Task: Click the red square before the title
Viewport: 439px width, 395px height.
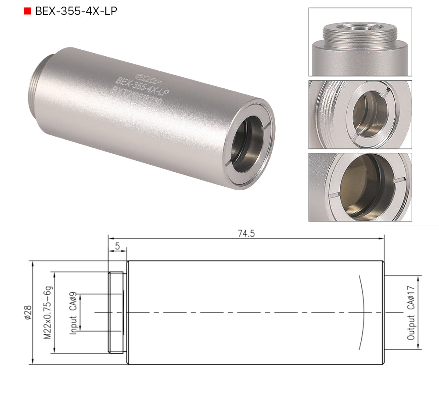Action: click(27, 11)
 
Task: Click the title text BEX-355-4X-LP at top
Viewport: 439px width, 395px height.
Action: click(76, 11)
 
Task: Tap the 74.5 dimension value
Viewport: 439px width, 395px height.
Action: click(246, 234)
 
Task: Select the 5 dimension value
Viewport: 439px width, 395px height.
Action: click(117, 246)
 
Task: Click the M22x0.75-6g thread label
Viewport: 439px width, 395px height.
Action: click(47, 313)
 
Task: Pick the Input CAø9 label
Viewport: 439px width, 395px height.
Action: click(73, 313)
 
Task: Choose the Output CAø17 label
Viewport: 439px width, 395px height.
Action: click(411, 312)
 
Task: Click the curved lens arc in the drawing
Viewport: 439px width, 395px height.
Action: click(363, 312)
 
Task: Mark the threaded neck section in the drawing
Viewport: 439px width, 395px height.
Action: click(117, 312)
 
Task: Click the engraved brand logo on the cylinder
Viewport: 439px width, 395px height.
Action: click(143, 73)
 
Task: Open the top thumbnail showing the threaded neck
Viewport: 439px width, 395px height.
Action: click(360, 42)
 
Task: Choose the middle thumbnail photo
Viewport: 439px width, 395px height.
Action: click(360, 114)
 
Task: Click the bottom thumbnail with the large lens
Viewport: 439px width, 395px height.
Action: click(360, 187)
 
